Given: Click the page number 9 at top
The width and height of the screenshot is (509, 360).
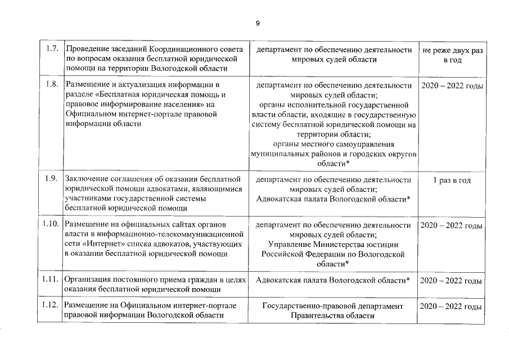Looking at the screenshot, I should click(x=257, y=23).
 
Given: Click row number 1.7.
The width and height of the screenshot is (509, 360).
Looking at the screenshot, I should click(x=52, y=49).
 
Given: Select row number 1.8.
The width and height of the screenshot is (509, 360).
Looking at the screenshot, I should click(x=52, y=85).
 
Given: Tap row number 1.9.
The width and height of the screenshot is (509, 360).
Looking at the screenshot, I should click(x=52, y=180).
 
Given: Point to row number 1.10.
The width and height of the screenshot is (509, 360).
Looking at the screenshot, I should click(x=51, y=225).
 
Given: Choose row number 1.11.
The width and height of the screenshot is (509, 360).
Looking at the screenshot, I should click(x=51, y=280).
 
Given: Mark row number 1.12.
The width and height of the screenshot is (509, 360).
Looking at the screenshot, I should click(x=51, y=306).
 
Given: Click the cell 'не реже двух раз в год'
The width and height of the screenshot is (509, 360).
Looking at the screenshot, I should click(x=452, y=55).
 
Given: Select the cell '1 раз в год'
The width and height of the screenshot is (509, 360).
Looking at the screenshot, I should click(x=452, y=181).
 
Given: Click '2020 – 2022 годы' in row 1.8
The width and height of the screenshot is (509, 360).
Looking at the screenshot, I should click(x=452, y=86).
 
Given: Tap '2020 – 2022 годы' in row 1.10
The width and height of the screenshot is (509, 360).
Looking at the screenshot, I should click(x=452, y=226).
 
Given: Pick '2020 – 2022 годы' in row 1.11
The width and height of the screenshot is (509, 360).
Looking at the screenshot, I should click(x=452, y=280).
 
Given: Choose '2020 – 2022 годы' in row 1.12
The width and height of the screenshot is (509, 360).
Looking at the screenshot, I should click(x=452, y=307).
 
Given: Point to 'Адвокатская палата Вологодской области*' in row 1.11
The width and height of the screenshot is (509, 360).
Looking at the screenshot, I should click(x=333, y=280).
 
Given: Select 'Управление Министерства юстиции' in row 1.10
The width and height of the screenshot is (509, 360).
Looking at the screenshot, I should click(x=333, y=245).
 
